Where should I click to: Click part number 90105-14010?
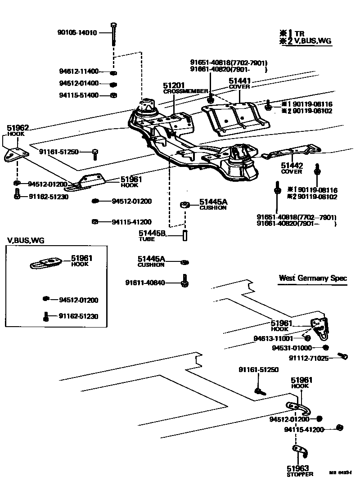77,32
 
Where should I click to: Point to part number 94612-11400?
79,71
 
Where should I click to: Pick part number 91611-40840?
145,283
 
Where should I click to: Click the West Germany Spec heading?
313,278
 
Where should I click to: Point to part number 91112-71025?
308,358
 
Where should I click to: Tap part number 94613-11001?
273,338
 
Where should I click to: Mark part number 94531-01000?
292,348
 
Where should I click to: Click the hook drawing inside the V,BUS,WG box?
48,262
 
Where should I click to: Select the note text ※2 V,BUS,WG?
306,41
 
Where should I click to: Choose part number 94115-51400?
79,95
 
